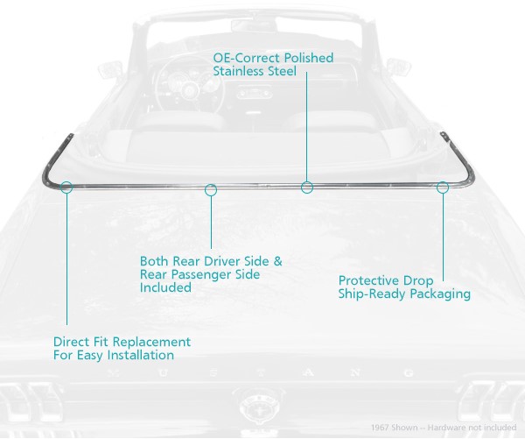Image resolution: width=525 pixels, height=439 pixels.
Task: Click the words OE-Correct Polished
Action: click(273, 59)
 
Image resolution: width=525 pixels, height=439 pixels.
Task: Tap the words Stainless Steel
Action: click(254, 72)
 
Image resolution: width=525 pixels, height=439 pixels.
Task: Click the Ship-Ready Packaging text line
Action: click(404, 294)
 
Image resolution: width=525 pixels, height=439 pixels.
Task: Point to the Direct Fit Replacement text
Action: click(122, 342)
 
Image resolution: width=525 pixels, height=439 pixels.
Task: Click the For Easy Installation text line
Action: click(113, 355)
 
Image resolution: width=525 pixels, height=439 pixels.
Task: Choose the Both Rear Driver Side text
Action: click(211, 261)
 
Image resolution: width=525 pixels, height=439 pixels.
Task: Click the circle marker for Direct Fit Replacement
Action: click(67, 187)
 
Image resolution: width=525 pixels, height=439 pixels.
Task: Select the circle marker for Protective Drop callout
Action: click(443, 187)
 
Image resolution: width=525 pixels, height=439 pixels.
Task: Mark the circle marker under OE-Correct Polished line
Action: click(307, 187)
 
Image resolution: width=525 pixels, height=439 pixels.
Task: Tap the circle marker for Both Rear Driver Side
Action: click(211, 188)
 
